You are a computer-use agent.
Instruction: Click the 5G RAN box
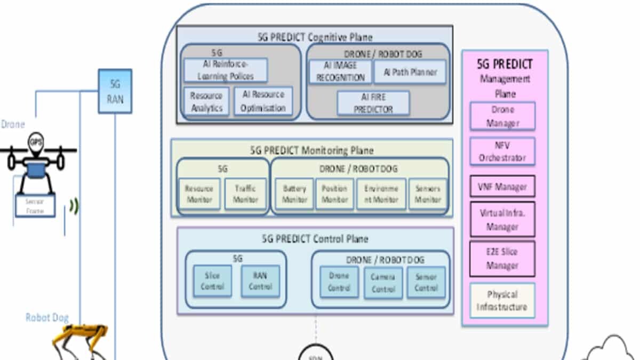[115, 91]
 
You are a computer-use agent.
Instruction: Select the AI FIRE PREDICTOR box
[373, 102]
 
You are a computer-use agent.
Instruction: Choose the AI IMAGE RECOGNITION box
[340, 72]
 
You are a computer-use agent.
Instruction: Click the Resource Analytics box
[206, 101]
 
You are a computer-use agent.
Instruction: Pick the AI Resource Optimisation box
[263, 101]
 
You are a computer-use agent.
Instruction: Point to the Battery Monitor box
[294, 194]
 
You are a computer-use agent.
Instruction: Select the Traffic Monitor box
[245, 194]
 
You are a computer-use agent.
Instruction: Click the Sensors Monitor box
[427, 194]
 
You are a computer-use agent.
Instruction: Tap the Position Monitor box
[335, 194]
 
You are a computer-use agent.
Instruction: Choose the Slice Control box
[212, 281]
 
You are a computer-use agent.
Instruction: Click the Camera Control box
[383, 283]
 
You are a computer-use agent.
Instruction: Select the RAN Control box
[260, 281]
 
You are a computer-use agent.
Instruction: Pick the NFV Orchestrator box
[502, 151]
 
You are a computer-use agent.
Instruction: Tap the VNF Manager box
[502, 187]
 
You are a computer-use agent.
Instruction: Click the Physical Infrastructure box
[502, 301]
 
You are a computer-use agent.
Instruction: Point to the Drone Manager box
[502, 116]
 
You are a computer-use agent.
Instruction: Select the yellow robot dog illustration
[83, 341]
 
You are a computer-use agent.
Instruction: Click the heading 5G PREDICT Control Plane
[315, 239]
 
